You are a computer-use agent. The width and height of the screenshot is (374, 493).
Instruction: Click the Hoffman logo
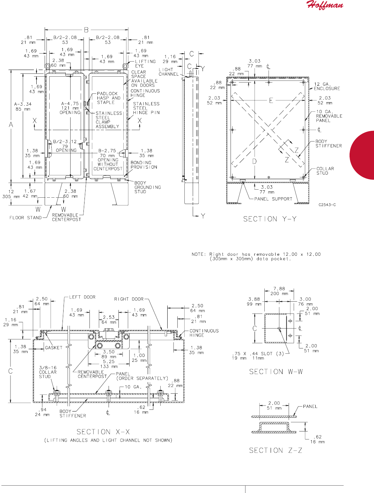coord(324,5)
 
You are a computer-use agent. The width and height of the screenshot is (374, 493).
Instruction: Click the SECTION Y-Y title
coord(270,219)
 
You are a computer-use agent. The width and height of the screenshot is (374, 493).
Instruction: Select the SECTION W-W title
coord(276,372)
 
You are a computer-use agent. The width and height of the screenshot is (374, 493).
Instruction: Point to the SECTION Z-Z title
coord(276,450)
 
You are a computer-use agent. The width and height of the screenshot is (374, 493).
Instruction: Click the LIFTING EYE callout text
coord(145,63)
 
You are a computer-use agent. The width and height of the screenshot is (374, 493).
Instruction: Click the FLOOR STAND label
coord(25,218)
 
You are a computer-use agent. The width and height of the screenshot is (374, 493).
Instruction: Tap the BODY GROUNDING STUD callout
coord(147,187)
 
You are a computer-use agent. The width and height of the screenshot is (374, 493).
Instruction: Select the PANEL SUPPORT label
coord(273,199)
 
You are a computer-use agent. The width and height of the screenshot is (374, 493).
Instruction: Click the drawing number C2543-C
coord(327,205)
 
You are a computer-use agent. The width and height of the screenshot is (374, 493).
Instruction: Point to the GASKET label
coord(53,348)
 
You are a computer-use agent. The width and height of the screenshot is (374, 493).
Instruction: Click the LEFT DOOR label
coord(82,297)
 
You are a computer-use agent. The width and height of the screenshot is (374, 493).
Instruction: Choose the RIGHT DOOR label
coord(129,299)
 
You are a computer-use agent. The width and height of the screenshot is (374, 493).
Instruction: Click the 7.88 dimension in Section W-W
coord(279,289)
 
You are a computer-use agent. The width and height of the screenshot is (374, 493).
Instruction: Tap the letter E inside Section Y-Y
coord(271,101)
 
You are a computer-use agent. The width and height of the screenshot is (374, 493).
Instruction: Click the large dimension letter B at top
coord(86,30)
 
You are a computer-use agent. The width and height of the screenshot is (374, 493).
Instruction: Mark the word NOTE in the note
coord(199,254)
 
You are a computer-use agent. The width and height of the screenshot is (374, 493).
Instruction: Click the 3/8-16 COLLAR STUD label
coord(47,372)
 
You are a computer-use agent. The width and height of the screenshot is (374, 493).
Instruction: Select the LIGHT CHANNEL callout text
coord(169,72)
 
